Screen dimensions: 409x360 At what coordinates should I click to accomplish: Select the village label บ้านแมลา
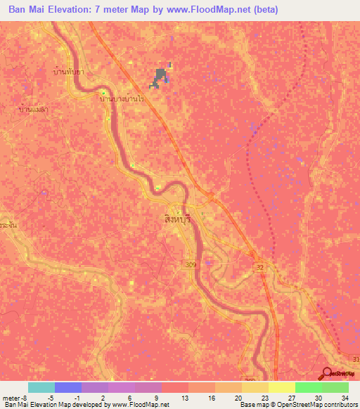click(x=33, y=110)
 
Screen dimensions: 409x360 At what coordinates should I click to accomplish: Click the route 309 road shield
click(x=209, y=261)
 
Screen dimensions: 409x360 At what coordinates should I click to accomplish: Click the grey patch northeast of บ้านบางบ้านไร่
click(x=161, y=77)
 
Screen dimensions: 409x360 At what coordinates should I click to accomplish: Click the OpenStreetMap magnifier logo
click(x=327, y=375)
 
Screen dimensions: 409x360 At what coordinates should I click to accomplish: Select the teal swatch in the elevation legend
click(x=41, y=387)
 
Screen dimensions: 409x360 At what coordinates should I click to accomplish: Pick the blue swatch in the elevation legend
click(x=67, y=387)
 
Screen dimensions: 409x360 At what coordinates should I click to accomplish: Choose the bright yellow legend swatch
click(x=281, y=387)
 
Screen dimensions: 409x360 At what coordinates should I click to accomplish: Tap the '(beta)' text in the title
click(x=267, y=10)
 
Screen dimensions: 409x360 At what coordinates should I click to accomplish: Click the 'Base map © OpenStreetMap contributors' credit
click(x=298, y=404)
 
